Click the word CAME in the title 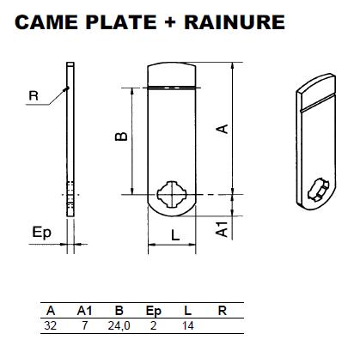point(46,22)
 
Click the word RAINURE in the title point(235,22)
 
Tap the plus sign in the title point(170,22)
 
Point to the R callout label point(34,95)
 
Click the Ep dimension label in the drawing point(41,233)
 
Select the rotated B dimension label point(121,136)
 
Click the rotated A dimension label point(223,129)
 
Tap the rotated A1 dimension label point(222,229)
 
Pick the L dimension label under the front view point(175,236)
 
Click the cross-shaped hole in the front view point(172,194)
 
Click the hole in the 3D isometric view point(319,189)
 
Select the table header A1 point(84,311)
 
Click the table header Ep point(154,312)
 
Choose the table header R point(223,311)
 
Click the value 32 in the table point(51,325)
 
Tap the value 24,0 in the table point(119,326)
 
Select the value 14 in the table point(188,325)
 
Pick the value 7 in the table point(84,325)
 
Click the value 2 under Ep point(153,325)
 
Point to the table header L point(187,311)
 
